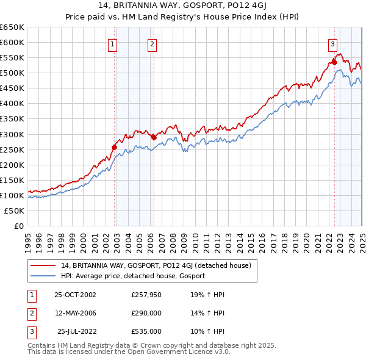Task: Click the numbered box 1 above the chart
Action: (113, 43)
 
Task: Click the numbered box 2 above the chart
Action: (151, 43)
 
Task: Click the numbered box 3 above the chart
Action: (332, 43)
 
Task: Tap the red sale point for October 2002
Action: (114, 147)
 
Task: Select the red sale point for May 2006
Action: (154, 137)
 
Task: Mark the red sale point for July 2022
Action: (334, 62)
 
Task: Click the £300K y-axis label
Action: (12, 134)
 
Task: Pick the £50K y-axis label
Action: (15, 211)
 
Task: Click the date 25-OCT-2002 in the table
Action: (75, 295)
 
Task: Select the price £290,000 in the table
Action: (146, 313)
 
